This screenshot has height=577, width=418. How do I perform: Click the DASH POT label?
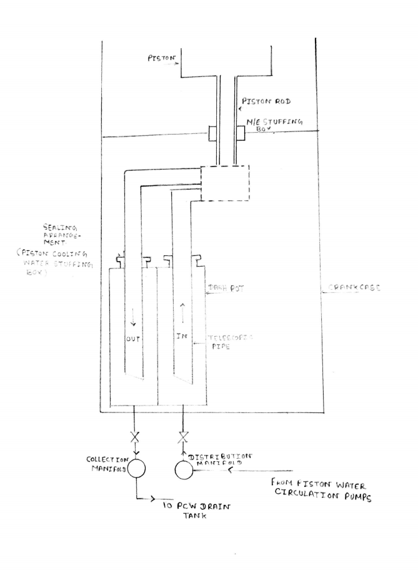tap(226, 290)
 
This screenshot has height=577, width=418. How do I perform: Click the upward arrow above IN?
tap(182, 309)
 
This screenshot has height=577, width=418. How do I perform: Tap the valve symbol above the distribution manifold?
tap(182, 437)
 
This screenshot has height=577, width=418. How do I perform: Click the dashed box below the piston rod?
tap(224, 183)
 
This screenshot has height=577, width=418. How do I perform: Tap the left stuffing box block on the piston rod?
tap(213, 133)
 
